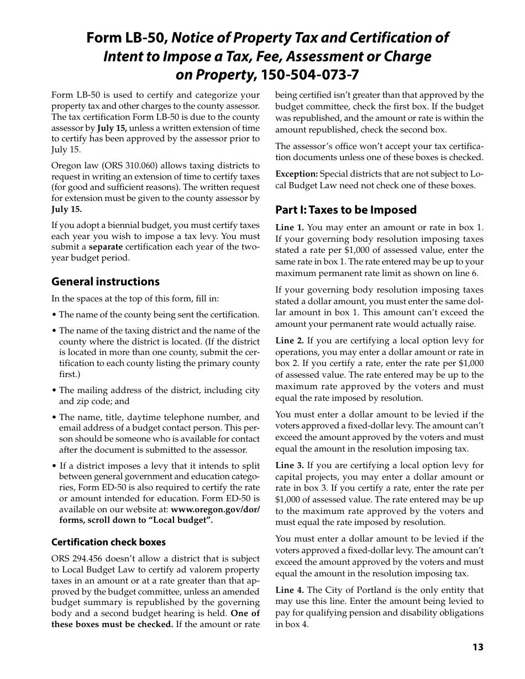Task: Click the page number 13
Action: (477, 647)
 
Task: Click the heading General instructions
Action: (105, 282)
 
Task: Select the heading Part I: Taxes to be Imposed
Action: (346, 210)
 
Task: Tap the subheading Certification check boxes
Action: (108, 542)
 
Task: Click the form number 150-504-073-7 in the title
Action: (313, 74)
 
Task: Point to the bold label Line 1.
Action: (290, 227)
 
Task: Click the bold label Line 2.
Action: (290, 341)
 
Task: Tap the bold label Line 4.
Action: (290, 590)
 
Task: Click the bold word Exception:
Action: (297, 174)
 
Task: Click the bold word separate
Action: (106, 247)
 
